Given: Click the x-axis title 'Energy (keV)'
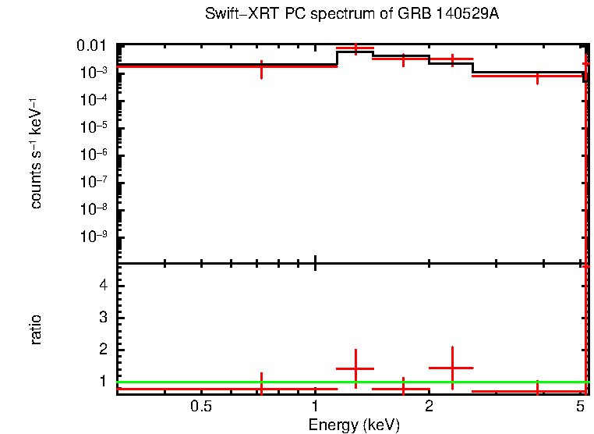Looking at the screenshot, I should click(x=354, y=425).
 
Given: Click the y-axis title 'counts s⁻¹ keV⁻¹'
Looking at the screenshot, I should click(x=36, y=154).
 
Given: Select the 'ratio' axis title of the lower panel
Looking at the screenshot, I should click(x=36, y=329).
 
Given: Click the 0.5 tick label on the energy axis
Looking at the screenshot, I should click(x=201, y=406).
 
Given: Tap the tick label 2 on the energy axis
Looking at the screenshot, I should click(x=429, y=406).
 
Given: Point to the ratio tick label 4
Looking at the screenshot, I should click(x=101, y=285).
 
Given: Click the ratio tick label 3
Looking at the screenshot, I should click(x=101, y=317).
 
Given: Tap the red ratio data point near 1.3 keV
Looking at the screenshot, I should click(x=355, y=368).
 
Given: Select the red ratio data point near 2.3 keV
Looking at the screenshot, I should click(x=452, y=367).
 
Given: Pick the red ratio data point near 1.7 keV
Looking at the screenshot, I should click(x=403, y=388).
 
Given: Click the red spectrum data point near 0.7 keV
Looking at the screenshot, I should click(x=261, y=68).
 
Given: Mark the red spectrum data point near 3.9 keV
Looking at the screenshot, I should click(x=537, y=76).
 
